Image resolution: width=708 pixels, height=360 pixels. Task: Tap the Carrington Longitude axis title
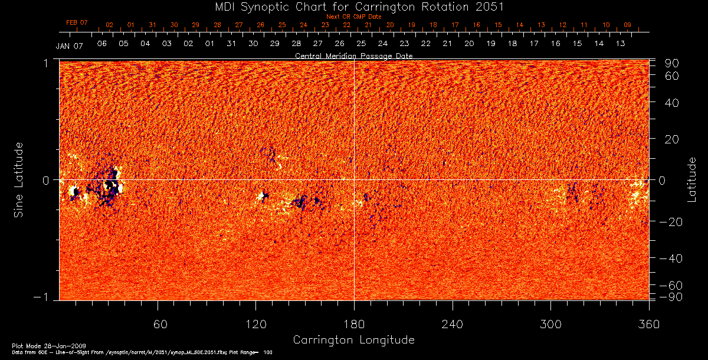click(353, 340)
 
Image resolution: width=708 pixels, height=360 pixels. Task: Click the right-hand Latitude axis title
click(693, 179)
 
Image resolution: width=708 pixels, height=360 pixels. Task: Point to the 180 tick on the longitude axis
click(354, 325)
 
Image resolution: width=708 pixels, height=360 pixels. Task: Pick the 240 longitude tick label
click(452, 325)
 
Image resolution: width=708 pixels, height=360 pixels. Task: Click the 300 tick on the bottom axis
click(550, 325)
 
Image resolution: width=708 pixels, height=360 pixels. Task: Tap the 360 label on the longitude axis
click(648, 325)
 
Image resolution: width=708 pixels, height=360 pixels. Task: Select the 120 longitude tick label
click(255, 325)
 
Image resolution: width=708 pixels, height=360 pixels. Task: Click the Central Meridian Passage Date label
click(353, 55)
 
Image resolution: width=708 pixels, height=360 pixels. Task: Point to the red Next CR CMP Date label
click(353, 17)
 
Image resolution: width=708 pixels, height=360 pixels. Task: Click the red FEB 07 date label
click(77, 22)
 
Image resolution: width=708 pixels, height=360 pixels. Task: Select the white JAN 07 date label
click(69, 46)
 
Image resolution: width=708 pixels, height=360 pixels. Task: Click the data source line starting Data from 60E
click(142, 352)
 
